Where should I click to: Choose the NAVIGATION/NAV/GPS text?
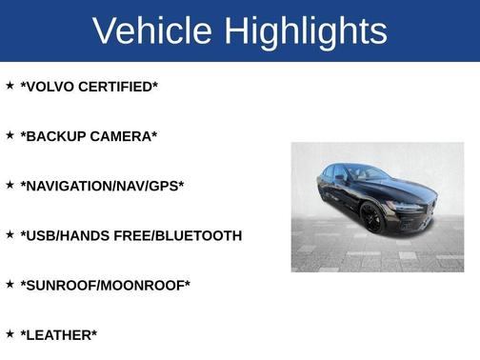[x=102, y=186]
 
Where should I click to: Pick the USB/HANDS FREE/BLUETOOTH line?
[x=131, y=235]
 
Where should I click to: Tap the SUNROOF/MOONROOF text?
[x=106, y=285]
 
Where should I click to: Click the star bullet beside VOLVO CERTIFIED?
[x=10, y=86]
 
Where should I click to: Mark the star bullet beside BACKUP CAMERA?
[x=10, y=135]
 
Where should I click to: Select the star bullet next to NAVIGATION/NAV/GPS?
[x=10, y=185]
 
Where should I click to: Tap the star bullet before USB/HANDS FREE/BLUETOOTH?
[x=10, y=234]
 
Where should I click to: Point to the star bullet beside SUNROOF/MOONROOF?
[x=10, y=284]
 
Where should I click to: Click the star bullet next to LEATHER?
[x=10, y=333]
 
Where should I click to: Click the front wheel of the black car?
[x=370, y=217]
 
